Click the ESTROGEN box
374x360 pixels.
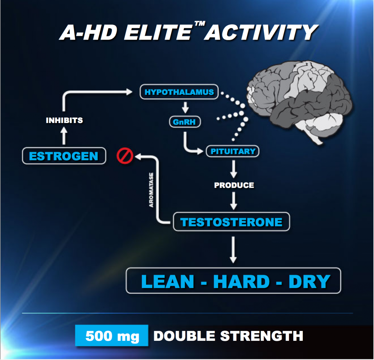(x=64, y=156)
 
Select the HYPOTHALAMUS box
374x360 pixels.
(x=179, y=92)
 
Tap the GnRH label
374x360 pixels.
(x=185, y=122)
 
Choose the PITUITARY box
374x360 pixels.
(x=233, y=151)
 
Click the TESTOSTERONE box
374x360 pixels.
(x=231, y=222)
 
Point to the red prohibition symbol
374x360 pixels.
(x=125, y=156)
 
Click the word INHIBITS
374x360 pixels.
(x=64, y=120)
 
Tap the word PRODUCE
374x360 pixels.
(x=234, y=185)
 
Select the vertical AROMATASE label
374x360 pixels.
(x=151, y=190)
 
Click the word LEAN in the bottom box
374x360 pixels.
(x=168, y=281)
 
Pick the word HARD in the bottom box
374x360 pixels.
(x=242, y=281)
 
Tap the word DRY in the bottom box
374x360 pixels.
(x=309, y=281)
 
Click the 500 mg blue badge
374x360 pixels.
(x=112, y=335)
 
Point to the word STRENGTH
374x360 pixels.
(x=262, y=336)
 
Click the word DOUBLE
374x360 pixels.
(x=184, y=336)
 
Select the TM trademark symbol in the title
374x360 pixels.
(x=200, y=24)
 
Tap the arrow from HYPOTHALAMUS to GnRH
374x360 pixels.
(x=185, y=107)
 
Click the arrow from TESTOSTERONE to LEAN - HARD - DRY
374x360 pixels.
(x=233, y=250)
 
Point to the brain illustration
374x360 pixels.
(x=300, y=102)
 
